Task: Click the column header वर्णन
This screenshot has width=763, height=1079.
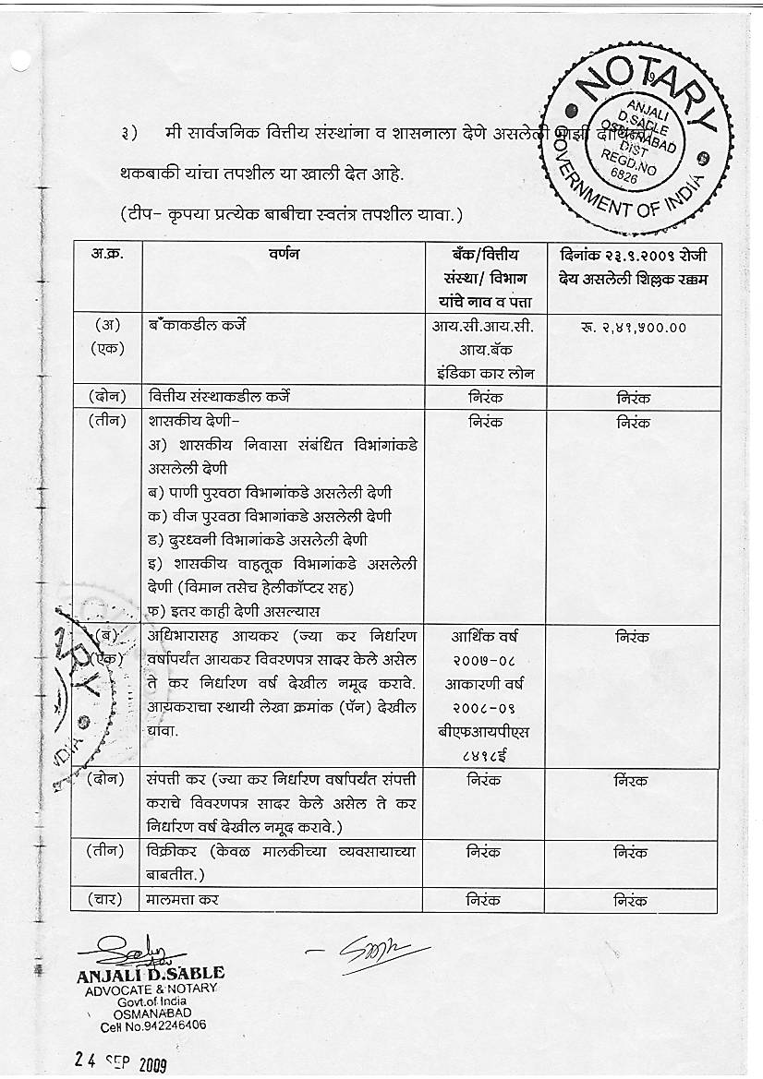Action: pyautogui.click(x=282, y=255)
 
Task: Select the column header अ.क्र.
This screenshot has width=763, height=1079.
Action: pyautogui.click(x=106, y=254)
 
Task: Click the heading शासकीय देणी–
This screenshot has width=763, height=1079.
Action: pyautogui.click(x=193, y=422)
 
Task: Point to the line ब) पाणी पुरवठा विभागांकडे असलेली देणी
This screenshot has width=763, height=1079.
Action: pyautogui.click(x=270, y=492)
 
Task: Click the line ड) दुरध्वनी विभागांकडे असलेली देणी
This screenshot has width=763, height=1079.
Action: pyautogui.click(x=270, y=540)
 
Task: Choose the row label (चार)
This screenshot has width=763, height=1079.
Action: pyautogui.click(x=106, y=898)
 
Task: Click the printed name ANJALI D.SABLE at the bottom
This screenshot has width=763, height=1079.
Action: pyautogui.click(x=151, y=974)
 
